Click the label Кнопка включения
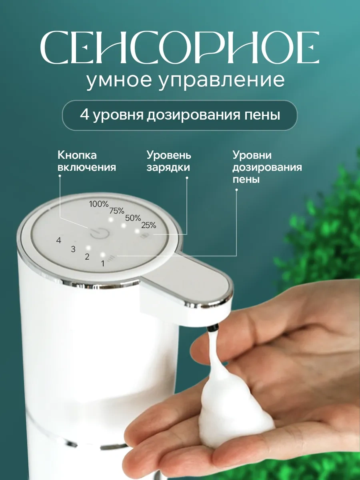tap(86, 161)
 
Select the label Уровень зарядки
tap(168, 161)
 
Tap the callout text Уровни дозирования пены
tap(267, 167)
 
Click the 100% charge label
tap(99, 204)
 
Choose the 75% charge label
tap(117, 211)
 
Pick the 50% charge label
tap(133, 218)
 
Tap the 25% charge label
tap(148, 225)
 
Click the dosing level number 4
tap(59, 240)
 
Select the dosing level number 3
tap(73, 249)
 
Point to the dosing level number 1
tap(102, 263)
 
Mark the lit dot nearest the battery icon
tap(137, 231)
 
